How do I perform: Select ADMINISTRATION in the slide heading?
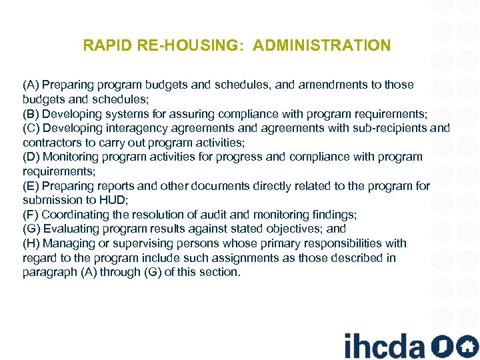322,46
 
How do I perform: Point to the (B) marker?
31,113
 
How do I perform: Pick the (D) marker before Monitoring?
31,157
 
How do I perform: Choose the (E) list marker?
31,185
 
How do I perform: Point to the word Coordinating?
77,215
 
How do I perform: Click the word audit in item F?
242,215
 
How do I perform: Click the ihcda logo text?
384,345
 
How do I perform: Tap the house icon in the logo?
468,345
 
